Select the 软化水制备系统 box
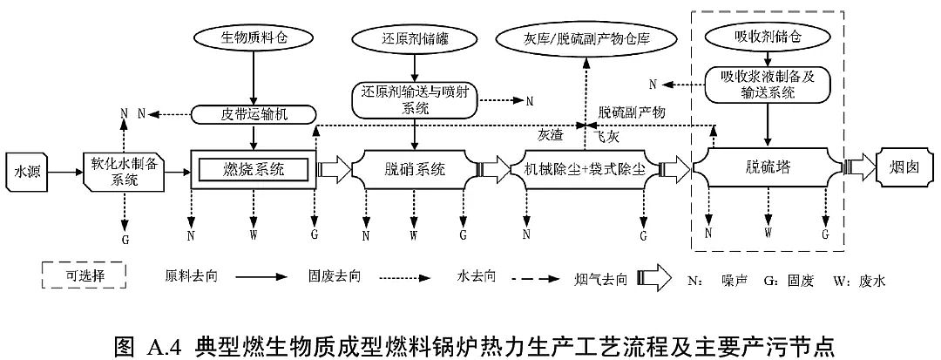point(124,172)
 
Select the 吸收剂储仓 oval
point(767,37)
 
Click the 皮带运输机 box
point(252,114)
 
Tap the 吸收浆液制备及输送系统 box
point(767,84)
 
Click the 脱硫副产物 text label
point(632,113)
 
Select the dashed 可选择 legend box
point(84,276)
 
